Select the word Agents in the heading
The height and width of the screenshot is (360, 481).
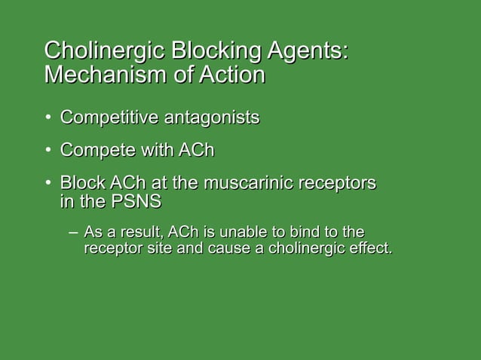(x=299, y=51)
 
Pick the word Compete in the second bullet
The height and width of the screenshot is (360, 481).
(x=93, y=151)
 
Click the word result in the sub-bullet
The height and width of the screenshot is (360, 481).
(x=146, y=230)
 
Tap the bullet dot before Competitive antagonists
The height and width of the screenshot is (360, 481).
(x=47, y=119)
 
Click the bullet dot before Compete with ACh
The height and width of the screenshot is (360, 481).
(x=47, y=152)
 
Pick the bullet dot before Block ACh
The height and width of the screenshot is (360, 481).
(x=47, y=185)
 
